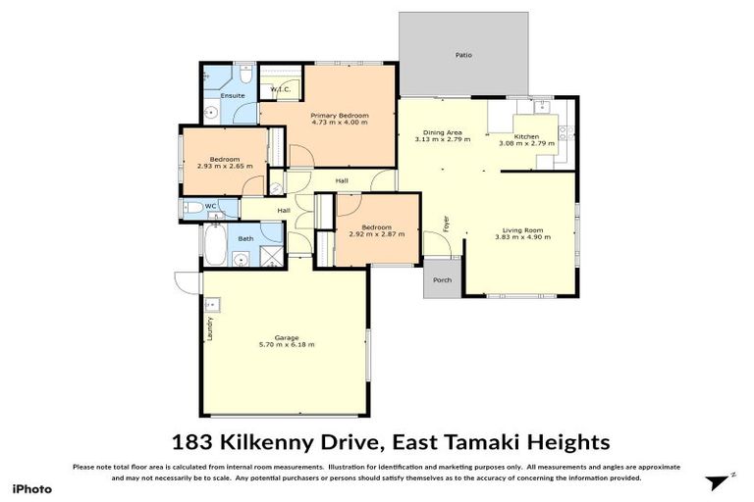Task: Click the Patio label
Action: click(462, 55)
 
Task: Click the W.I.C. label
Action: click(279, 90)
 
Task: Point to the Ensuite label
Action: click(233, 96)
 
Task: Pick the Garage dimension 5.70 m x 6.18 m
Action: click(286, 344)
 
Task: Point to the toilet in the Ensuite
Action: click(245, 75)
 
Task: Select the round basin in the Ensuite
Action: click(208, 112)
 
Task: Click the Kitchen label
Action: click(526, 136)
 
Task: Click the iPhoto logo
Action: click(31, 487)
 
